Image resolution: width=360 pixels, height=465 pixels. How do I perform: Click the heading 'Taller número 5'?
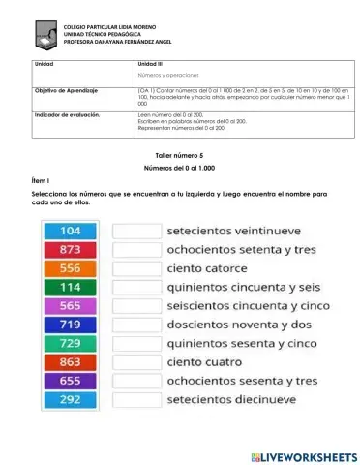point(180,154)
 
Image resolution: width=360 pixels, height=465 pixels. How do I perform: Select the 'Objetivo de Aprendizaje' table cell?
point(67,89)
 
